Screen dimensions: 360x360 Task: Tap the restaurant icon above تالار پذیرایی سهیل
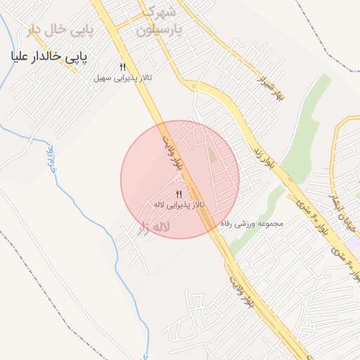pos(122,66)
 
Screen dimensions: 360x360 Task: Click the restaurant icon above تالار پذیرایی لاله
pos(179,193)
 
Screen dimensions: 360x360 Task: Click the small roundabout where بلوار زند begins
pos(193,86)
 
